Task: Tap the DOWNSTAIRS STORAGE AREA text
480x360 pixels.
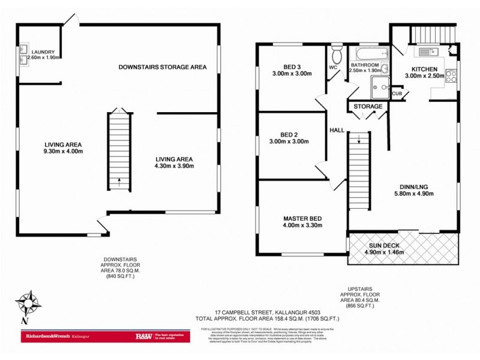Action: (162, 67)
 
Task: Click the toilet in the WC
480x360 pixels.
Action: (337, 56)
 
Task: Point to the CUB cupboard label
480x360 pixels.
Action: (397, 94)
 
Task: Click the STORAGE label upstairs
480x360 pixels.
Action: (368, 106)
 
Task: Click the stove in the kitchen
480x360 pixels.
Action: (452, 77)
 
